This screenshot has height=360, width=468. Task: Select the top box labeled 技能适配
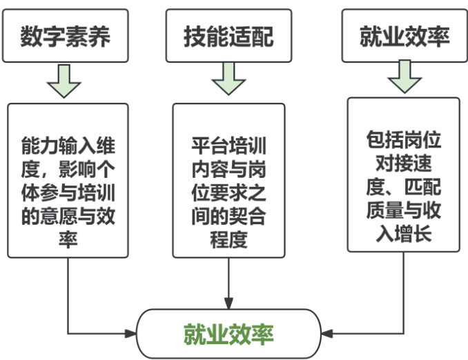228,35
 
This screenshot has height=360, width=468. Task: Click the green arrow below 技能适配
228,81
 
